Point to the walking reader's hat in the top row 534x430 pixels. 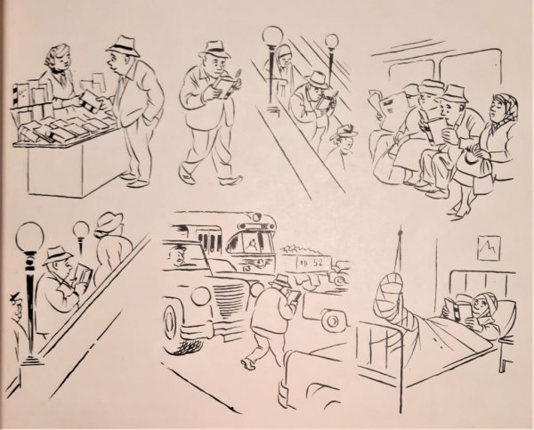click(214, 48)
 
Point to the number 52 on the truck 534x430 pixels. click(316, 264)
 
